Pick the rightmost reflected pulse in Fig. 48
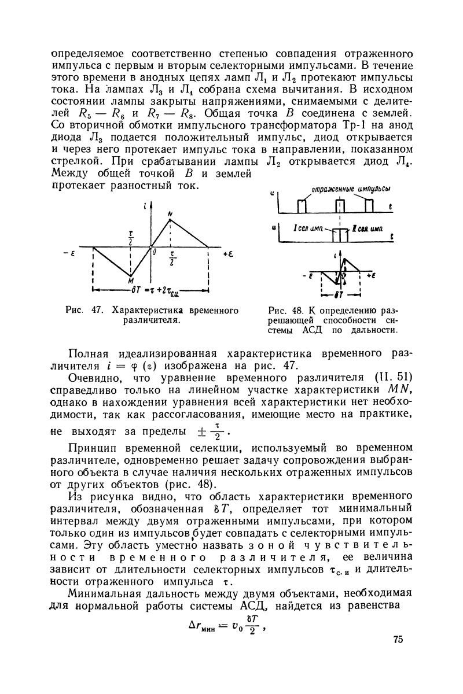coord(370,207)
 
